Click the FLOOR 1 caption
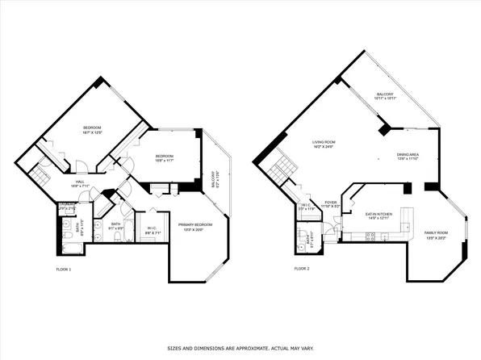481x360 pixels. (x=64, y=268)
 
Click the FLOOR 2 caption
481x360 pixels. (x=301, y=268)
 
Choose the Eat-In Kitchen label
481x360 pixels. (x=379, y=215)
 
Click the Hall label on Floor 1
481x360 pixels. (x=80, y=182)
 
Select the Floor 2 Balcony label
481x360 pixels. (x=385, y=94)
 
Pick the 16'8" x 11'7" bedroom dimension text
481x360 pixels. (x=165, y=160)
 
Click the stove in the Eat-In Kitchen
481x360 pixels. (x=370, y=237)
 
